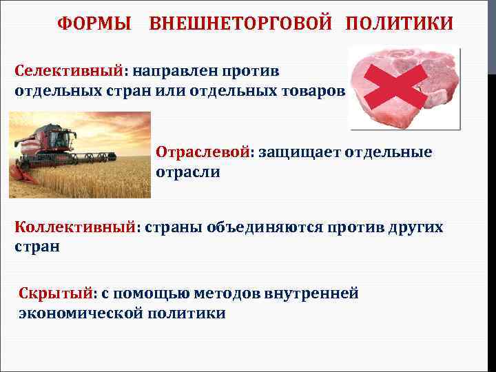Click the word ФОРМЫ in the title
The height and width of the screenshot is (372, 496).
point(94,24)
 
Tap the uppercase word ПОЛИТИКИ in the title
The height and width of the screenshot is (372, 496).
point(400,24)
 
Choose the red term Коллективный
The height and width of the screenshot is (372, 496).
point(74,227)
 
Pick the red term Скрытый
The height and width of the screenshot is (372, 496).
point(55,293)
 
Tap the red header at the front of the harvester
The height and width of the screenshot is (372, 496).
point(28,175)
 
